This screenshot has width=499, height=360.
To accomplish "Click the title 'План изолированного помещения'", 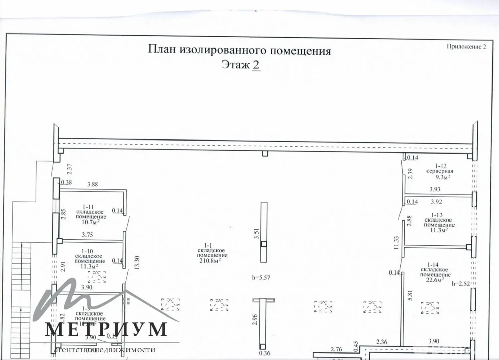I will coord(239,51).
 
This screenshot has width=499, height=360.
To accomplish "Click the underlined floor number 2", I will coord(256,64).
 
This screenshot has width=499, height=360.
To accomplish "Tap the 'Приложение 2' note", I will coord(466,47).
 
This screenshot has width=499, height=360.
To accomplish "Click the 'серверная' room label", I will coord(440,171).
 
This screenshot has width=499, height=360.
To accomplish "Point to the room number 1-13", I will coord(437,215).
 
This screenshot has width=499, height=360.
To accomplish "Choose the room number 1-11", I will coord(88,207).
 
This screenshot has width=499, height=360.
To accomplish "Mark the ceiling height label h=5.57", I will coord(261,278).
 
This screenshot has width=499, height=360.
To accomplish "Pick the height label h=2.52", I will coord(460,284).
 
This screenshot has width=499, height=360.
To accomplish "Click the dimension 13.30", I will coord(137,263).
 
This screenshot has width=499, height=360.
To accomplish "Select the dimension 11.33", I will coord(396,243).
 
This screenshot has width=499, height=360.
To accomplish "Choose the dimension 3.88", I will coord(92,184).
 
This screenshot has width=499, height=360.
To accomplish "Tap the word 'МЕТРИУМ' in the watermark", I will coord(106,329).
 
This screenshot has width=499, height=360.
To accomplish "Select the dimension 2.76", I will coord(336,349).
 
